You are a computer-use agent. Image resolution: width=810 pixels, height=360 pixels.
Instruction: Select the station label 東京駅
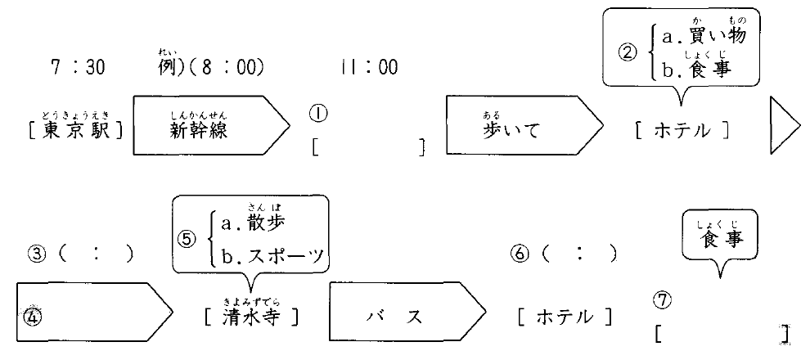78,130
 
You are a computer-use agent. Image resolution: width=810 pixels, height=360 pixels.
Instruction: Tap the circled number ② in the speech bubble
627,52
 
